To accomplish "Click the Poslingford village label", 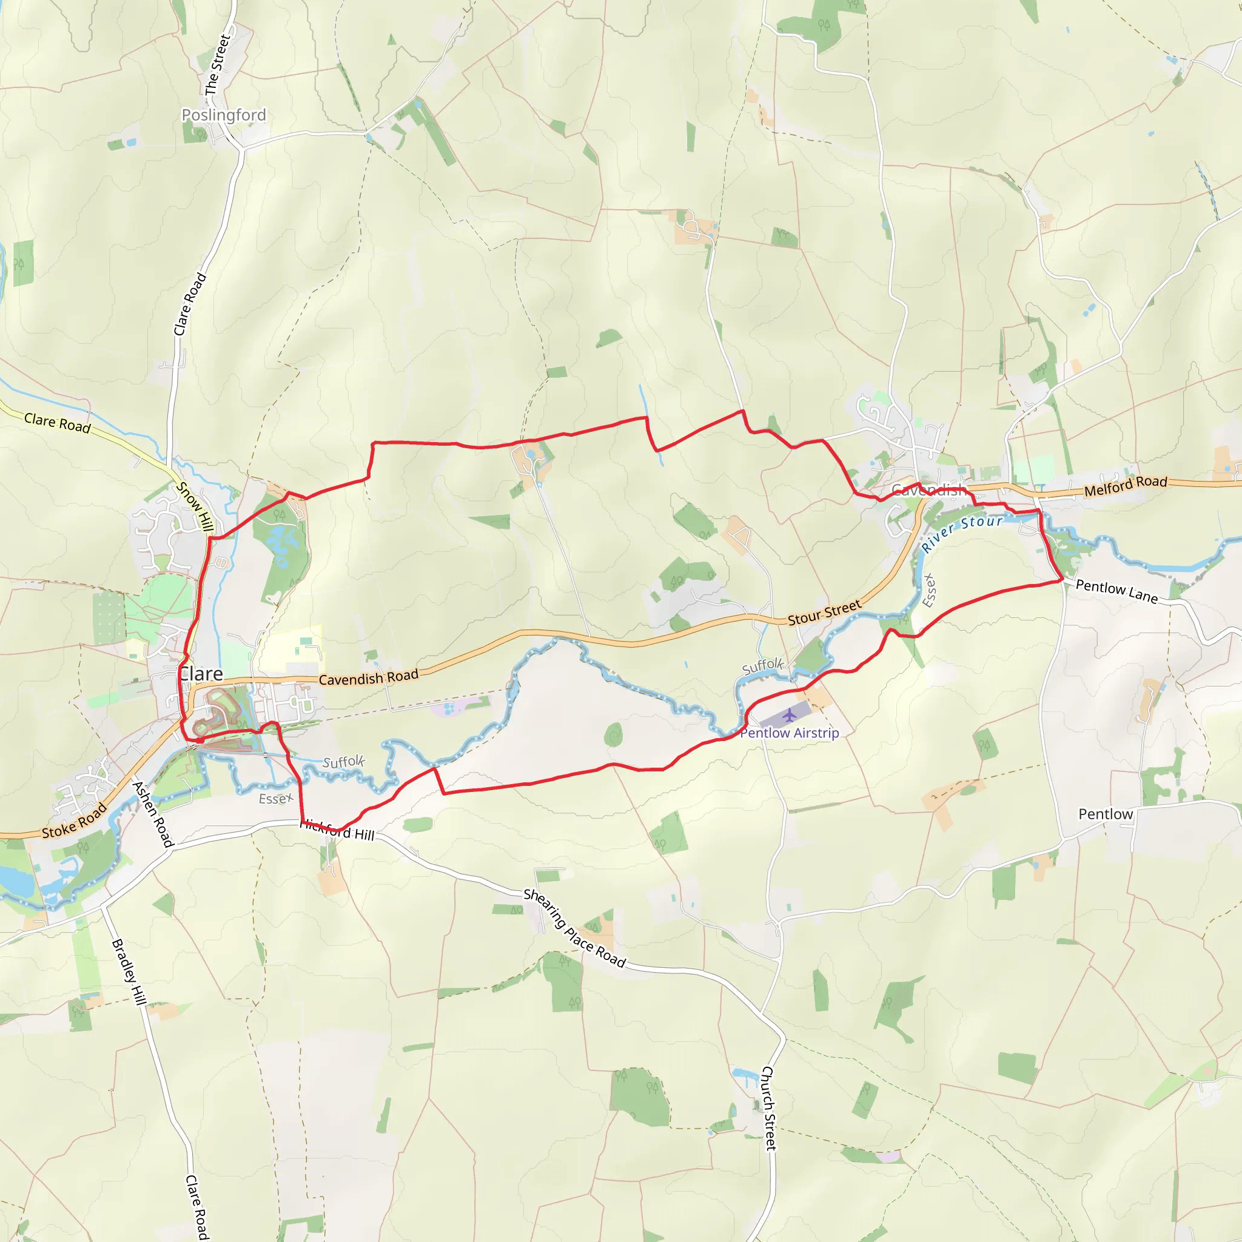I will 224,115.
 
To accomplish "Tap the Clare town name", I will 201,674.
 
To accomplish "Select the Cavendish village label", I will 928,491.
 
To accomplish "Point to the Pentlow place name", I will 1105,814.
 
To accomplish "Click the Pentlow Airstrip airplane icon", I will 790,715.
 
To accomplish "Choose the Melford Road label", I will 1126,485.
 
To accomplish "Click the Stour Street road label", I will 824,612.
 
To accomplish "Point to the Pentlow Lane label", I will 1116,591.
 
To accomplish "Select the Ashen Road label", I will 153,814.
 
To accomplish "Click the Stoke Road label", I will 75,822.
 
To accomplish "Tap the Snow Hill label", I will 195,506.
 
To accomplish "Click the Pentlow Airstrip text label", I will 790,733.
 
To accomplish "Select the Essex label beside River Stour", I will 929,589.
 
